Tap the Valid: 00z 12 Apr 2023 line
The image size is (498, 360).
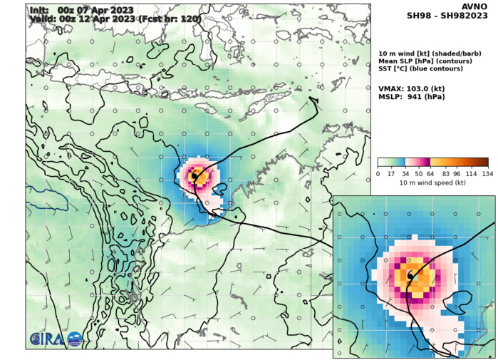coord(114,19)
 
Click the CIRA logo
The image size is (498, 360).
coord(56,339)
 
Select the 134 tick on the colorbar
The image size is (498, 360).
coord(487,174)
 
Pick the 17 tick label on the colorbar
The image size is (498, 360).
coord(391,174)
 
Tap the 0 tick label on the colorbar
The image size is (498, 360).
coord(378,174)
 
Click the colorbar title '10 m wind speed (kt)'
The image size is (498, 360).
coord(432,183)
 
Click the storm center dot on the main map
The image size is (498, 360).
coord(194,175)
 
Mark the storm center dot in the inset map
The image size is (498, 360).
coord(410,274)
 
